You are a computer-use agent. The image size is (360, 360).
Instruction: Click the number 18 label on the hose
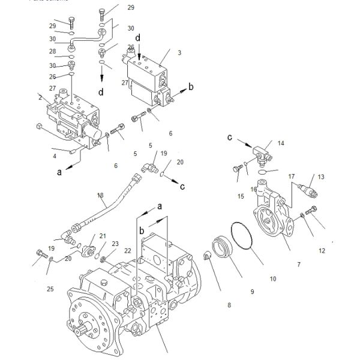click(x=100, y=195)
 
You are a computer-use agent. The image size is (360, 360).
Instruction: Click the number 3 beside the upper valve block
click(x=178, y=53)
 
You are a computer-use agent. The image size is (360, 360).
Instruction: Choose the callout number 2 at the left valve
click(x=40, y=97)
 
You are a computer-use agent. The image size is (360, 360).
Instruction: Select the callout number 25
click(x=50, y=289)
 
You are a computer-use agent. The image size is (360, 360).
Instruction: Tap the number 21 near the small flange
click(x=103, y=236)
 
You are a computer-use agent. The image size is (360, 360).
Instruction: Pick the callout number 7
click(x=299, y=265)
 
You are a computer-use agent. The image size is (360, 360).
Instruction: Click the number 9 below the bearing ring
click(x=252, y=292)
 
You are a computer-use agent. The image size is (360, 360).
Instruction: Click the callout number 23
click(x=116, y=244)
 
